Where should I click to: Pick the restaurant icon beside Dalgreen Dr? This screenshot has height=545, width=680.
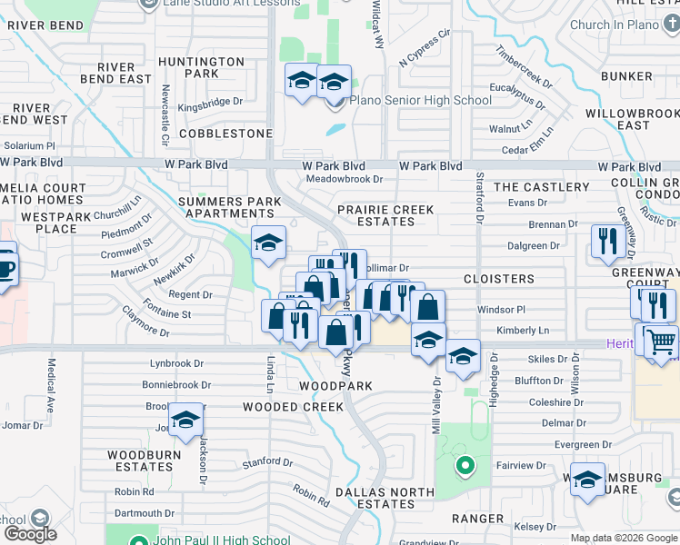click(605, 241)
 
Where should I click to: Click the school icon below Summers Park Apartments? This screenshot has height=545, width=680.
click(267, 243)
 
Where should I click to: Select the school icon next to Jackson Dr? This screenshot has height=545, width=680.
click(185, 421)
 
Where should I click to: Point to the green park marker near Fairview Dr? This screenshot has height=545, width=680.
click(465, 467)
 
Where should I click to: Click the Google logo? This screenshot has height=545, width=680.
click(30, 534)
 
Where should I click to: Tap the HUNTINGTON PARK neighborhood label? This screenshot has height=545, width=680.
click(201, 67)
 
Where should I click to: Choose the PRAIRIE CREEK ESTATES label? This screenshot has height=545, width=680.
click(386, 215)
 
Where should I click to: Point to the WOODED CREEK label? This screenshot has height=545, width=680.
click(293, 407)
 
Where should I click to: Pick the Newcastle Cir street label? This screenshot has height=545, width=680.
click(165, 115)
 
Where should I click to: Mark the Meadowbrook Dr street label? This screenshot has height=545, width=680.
click(344, 179)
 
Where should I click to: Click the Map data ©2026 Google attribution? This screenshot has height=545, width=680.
click(623, 538)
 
